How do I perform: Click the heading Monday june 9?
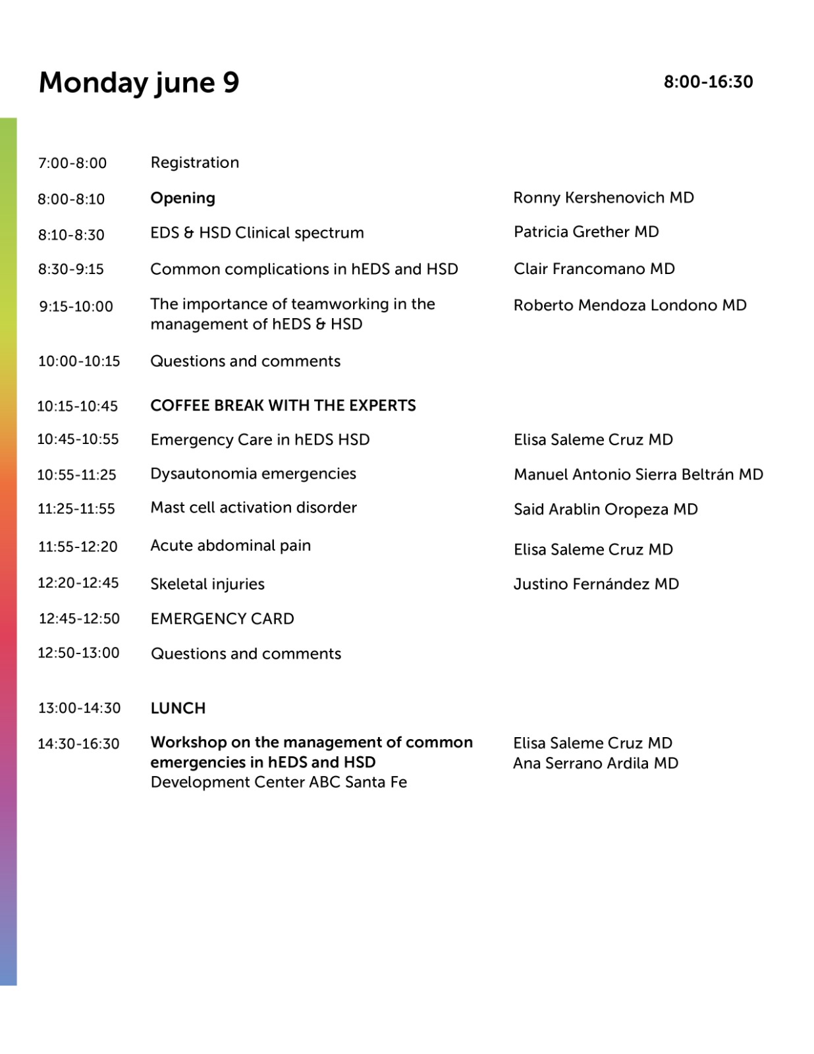pyautogui.click(x=139, y=83)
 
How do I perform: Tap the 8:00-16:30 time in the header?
pyautogui.click(x=708, y=82)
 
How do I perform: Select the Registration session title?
pyautogui.click(x=195, y=163)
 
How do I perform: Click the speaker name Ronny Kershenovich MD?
pyautogui.click(x=603, y=198)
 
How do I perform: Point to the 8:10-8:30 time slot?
pyautogui.click(x=71, y=235)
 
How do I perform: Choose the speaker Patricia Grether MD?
pyautogui.click(x=586, y=232)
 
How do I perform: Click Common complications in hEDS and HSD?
pyautogui.click(x=304, y=269)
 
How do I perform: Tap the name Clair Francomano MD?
pyautogui.click(x=594, y=269)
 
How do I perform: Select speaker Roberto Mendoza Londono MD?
pyautogui.click(x=630, y=305)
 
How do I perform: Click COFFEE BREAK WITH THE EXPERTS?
pyautogui.click(x=283, y=405)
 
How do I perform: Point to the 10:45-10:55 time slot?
pyautogui.click(x=78, y=439)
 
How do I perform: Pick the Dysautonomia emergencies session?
pyautogui.click(x=253, y=474)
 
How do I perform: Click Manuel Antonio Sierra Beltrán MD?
pyautogui.click(x=638, y=474)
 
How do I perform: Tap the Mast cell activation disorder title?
pyautogui.click(x=254, y=507)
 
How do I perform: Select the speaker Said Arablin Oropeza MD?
pyautogui.click(x=605, y=509)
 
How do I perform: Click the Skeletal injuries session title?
pyautogui.click(x=207, y=584)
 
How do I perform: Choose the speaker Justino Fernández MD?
pyautogui.click(x=596, y=584)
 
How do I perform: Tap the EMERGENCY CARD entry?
pyautogui.click(x=222, y=619)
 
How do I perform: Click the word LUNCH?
pyautogui.click(x=178, y=708)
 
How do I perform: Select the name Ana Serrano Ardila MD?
pyautogui.click(x=595, y=763)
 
